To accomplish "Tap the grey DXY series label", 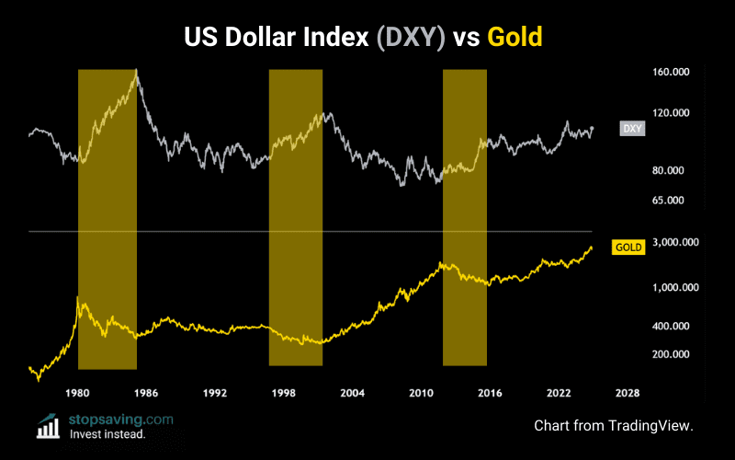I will coord(632,128).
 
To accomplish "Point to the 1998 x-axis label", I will coord(284,393).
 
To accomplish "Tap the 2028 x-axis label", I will coord(628,393).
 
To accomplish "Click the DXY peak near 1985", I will coord(136,70).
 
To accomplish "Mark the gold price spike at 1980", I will coord(77,297).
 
